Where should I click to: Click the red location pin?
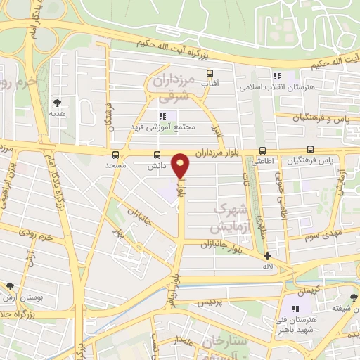(181, 165)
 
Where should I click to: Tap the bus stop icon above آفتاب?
(209, 73)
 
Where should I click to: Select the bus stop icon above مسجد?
(115, 154)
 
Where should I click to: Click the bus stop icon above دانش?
(156, 155)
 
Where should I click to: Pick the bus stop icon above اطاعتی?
(262, 150)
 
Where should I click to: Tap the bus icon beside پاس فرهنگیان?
(310, 150)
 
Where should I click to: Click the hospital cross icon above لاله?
(267, 257)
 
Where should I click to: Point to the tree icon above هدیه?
(57, 103)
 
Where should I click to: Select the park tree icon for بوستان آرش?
(10, 286)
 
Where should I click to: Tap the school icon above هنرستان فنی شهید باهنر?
(295, 308)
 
